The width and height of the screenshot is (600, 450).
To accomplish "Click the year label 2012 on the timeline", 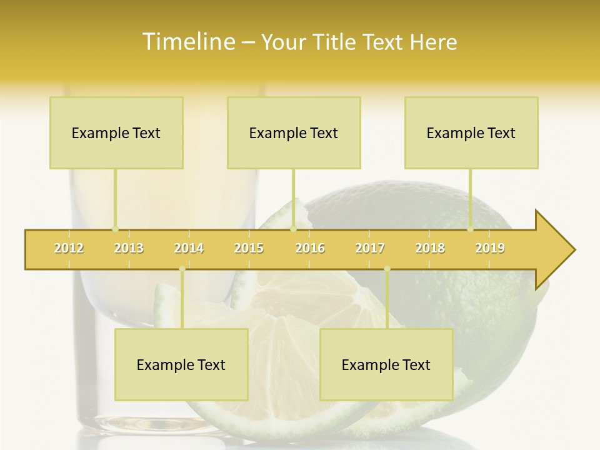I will (69, 248).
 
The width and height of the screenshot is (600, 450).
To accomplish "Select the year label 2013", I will (129, 248).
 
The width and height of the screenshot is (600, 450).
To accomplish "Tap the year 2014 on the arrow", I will (189, 248).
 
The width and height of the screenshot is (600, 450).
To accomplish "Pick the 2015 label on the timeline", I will (249, 248).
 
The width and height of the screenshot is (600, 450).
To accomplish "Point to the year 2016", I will (310, 248).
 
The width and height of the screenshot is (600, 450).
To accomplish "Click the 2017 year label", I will (370, 248).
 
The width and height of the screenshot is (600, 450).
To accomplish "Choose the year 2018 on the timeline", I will (430, 248).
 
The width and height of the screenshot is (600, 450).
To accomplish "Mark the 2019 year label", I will (490, 248).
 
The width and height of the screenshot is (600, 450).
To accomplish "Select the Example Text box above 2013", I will (116, 132).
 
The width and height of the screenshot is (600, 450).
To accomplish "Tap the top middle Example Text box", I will (294, 132).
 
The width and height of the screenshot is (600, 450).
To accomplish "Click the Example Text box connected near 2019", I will (471, 132).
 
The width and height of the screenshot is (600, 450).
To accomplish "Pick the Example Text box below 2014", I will (181, 364).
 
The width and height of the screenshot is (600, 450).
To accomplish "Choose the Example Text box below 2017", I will (386, 364).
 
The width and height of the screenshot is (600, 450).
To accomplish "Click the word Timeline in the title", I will (187, 42).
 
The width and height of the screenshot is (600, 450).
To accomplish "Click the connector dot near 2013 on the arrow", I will (115, 229).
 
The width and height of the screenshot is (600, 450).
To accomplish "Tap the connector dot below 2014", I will (182, 269).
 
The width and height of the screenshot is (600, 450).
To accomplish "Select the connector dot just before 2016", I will (293, 229).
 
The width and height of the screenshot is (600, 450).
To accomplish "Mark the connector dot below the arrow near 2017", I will (387, 269).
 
